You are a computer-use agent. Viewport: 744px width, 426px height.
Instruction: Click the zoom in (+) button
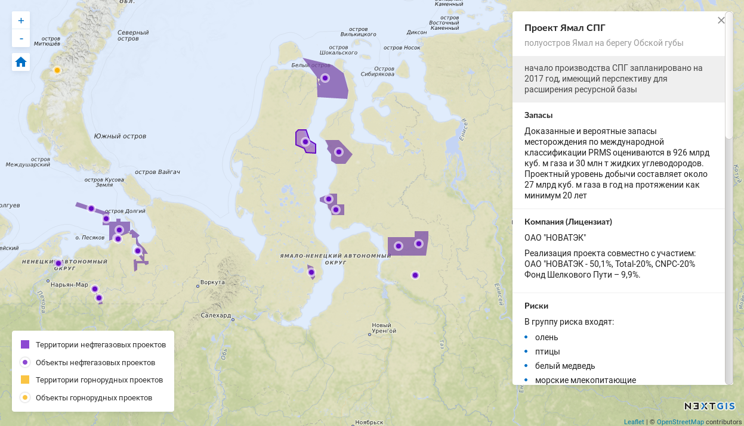tap(21, 20)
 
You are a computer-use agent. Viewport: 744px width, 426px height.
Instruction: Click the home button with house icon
tap(21, 62)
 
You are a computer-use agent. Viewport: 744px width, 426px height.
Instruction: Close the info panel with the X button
tap(721, 20)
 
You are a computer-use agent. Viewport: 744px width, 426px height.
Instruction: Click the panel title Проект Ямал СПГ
tap(564, 28)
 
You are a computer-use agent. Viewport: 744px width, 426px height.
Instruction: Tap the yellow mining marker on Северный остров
tap(57, 70)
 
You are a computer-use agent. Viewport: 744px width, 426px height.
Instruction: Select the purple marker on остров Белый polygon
tap(325, 78)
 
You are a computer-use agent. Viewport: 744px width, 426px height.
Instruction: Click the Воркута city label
tap(212, 282)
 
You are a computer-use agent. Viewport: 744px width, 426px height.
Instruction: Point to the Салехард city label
tap(216, 315)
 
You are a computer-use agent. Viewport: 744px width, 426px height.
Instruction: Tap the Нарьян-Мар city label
tap(69, 285)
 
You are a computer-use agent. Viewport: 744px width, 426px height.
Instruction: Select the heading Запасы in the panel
tap(538, 115)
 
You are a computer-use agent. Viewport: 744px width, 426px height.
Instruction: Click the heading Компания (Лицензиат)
tap(568, 222)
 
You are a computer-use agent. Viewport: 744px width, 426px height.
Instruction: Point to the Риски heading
tap(536, 306)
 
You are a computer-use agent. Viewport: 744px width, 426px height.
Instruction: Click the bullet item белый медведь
tap(564, 366)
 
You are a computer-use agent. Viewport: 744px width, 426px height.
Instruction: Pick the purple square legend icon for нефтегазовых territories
tap(25, 344)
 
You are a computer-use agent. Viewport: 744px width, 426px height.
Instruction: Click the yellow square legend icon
tap(25, 380)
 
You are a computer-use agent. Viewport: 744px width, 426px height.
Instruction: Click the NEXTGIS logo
tap(709, 406)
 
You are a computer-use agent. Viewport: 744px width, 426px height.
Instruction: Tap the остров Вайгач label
tap(157, 172)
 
